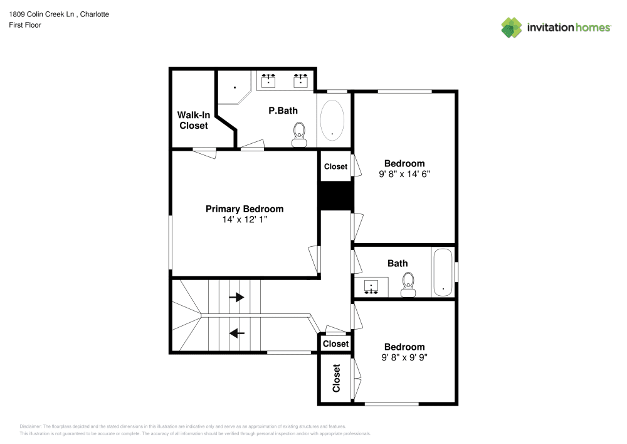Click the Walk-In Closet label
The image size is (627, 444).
pyautogui.click(x=193, y=120)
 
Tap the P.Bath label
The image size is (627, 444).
pyautogui.click(x=283, y=111)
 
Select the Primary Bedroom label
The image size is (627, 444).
pyautogui.click(x=245, y=209)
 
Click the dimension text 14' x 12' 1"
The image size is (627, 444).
pyautogui.click(x=245, y=220)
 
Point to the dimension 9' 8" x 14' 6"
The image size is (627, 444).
pyautogui.click(x=404, y=174)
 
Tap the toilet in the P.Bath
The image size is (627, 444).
pyautogui.click(x=299, y=134)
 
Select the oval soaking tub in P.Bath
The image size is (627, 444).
pyautogui.click(x=332, y=119)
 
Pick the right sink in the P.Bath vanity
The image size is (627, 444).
pyautogui.click(x=301, y=80)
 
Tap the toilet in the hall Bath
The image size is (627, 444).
pyautogui.click(x=409, y=284)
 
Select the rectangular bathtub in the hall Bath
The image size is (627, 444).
pyautogui.click(x=443, y=273)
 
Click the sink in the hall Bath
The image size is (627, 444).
pyautogui.click(x=373, y=287)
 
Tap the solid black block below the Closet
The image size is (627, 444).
pyautogui.click(x=335, y=196)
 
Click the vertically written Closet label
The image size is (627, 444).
pyautogui.click(x=336, y=378)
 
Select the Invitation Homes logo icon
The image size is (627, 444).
pyautogui.click(x=512, y=27)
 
